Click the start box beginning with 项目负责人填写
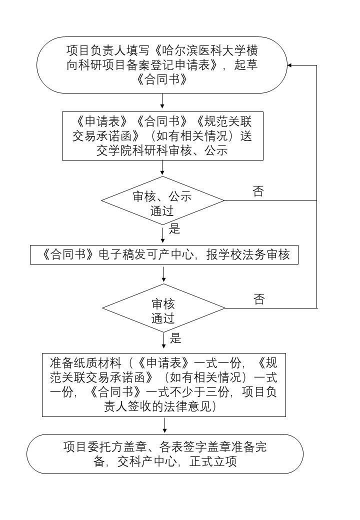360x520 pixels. [x=162, y=65]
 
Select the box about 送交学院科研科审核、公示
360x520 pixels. [x=162, y=135]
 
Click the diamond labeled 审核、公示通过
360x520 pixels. [x=162, y=200]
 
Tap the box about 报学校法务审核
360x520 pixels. [x=164, y=254]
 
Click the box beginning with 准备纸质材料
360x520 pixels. [x=164, y=384]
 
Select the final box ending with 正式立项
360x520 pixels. [x=164, y=454]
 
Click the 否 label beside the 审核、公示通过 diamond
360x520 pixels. [x=258, y=191]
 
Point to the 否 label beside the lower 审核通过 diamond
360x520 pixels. [x=259, y=299]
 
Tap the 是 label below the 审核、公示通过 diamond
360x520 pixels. [x=175, y=229]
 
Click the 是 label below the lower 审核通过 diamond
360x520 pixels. [x=175, y=338]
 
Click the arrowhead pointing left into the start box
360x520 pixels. [x=290, y=65]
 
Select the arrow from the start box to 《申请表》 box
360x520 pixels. [x=162, y=102]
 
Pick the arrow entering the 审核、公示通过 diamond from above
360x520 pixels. [x=162, y=168]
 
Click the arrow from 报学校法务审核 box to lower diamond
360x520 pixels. [x=164, y=273]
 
